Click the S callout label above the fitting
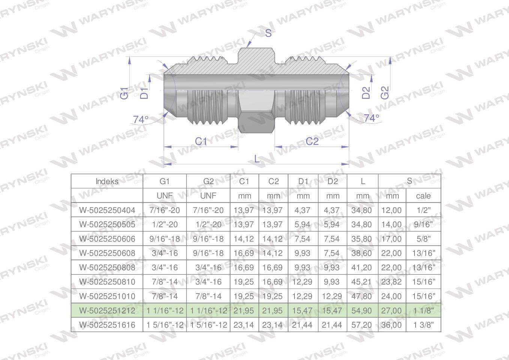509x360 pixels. coord(268,33)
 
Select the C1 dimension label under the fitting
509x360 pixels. coord(201,141)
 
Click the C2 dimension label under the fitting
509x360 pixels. coord(312,141)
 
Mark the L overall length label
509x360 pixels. coord(257,159)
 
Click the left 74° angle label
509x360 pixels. coord(141,120)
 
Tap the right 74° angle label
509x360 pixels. coord(371,118)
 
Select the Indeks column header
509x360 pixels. coord(107,181)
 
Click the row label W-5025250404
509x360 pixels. coord(107,210)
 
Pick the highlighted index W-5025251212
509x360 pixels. coord(107,310)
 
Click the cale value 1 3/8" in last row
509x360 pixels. coord(423,325)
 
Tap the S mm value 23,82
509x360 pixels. coord(391,282)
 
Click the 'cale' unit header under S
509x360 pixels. coord(423,196)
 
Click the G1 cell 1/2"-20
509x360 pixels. coord(165,225)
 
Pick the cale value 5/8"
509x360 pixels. coord(423,239)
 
